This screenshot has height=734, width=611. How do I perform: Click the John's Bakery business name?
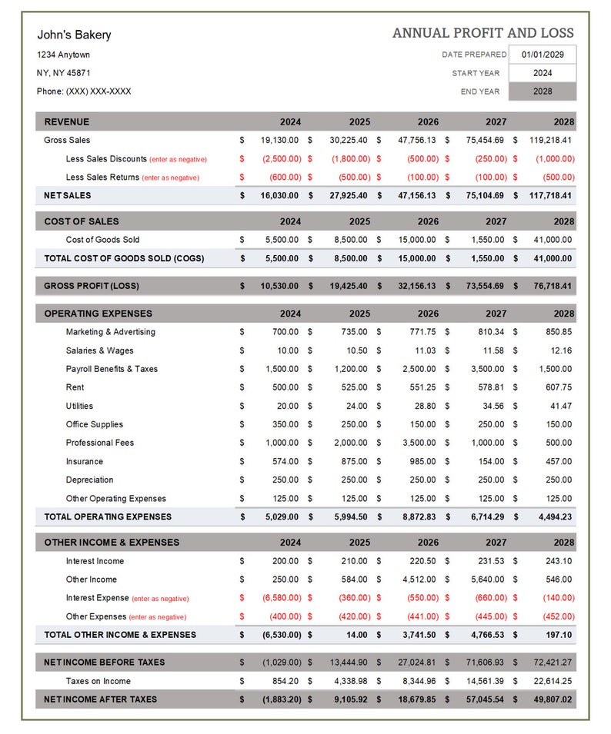tap(74, 35)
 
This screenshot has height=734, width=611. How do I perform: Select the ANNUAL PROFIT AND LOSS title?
tap(482, 33)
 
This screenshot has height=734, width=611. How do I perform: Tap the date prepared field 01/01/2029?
tap(543, 55)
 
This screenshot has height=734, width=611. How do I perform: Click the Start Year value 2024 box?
tap(543, 73)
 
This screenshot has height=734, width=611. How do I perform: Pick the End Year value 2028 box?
tap(543, 91)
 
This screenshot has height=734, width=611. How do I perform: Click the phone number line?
tap(84, 91)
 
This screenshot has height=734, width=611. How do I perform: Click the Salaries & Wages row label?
tap(99, 350)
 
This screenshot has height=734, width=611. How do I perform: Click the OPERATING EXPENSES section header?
tap(98, 314)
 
